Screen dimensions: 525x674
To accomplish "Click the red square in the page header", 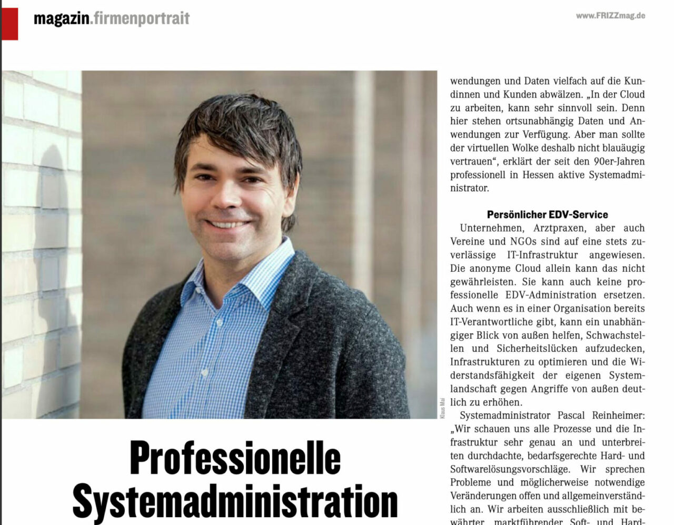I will click(x=10, y=24).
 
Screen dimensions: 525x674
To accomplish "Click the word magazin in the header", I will click(x=61, y=19).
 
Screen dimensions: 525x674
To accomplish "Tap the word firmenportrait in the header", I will click(x=141, y=19).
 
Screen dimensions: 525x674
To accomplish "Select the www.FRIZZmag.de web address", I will click(x=610, y=16).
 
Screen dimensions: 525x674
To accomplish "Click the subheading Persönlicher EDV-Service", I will click(x=547, y=215).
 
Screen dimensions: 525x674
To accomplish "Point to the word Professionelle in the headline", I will click(x=235, y=459).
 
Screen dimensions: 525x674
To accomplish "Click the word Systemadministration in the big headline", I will click(x=235, y=501).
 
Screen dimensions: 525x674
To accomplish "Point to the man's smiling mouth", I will click(x=227, y=224).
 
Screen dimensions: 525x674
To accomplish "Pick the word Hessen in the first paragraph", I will click(x=538, y=175).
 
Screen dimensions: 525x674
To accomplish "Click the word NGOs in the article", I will click(x=524, y=242).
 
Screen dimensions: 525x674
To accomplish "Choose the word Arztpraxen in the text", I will click(x=559, y=228).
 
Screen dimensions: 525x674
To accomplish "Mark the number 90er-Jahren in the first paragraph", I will click(x=616, y=162).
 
